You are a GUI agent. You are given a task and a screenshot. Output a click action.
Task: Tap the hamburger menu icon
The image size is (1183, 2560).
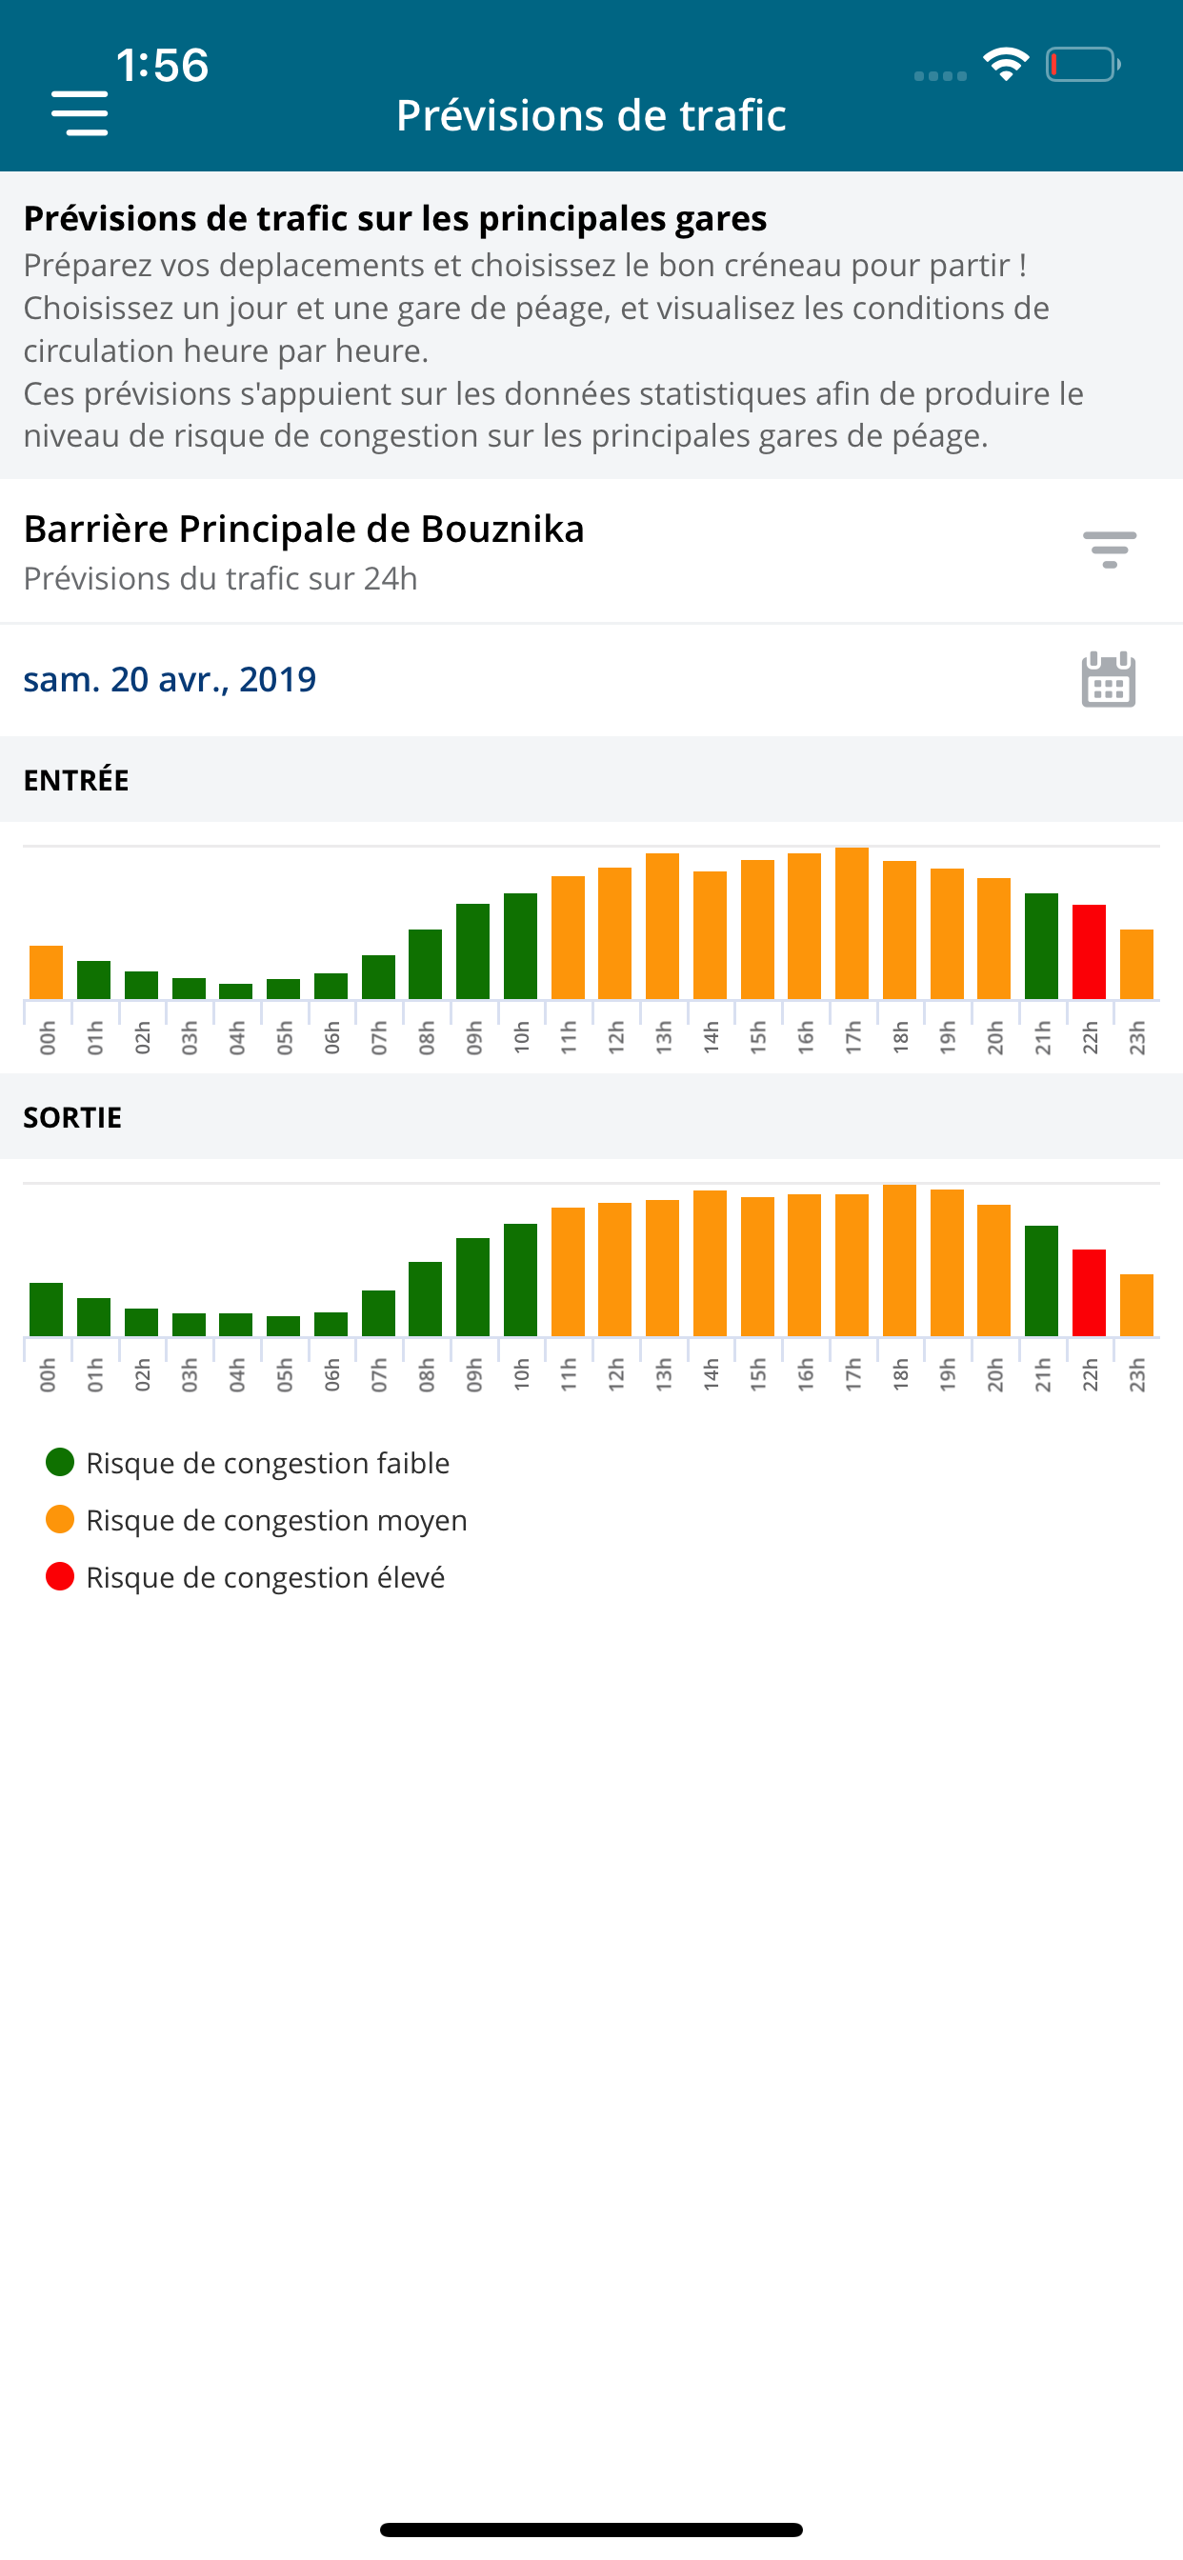click(79, 113)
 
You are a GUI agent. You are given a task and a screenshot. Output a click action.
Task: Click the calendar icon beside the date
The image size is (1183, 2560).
click(1108, 680)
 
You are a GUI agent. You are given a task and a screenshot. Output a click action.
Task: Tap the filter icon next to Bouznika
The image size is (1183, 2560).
click(1109, 550)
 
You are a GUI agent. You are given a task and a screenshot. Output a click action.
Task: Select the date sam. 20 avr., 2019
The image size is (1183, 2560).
click(170, 680)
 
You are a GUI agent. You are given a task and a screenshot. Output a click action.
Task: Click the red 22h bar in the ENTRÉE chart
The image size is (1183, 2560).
click(1089, 951)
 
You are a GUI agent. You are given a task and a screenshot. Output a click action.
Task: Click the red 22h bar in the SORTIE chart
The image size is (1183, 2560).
click(1089, 1292)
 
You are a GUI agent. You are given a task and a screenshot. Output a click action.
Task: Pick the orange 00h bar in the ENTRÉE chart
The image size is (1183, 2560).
click(46, 972)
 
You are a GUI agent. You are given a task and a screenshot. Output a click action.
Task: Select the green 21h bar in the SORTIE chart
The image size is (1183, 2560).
click(1041, 1280)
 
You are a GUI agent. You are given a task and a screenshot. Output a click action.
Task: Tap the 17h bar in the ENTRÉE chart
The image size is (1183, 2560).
click(852, 923)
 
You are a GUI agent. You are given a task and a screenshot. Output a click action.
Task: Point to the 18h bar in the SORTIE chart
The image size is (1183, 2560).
click(900, 1260)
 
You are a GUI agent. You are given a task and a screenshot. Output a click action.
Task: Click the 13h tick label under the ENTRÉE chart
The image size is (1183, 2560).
click(663, 1037)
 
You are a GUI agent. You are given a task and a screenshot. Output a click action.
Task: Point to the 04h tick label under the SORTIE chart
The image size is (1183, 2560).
click(236, 1374)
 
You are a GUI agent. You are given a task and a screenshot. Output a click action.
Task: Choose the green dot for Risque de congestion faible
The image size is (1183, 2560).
click(60, 1462)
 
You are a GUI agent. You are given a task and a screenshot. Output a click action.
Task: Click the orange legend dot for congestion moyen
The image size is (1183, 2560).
click(60, 1519)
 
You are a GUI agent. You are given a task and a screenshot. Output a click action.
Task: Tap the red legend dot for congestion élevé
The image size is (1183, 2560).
click(60, 1576)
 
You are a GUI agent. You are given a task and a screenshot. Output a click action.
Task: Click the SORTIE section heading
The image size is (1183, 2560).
click(72, 1117)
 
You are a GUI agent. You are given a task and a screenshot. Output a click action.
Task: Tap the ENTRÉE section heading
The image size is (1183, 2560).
click(76, 780)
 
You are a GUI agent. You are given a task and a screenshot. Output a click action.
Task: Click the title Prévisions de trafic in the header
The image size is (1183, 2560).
click(591, 115)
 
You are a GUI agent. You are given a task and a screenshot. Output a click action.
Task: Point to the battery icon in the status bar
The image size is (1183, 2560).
click(1083, 65)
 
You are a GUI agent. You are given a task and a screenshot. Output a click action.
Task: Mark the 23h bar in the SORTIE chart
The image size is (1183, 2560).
click(1136, 1305)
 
